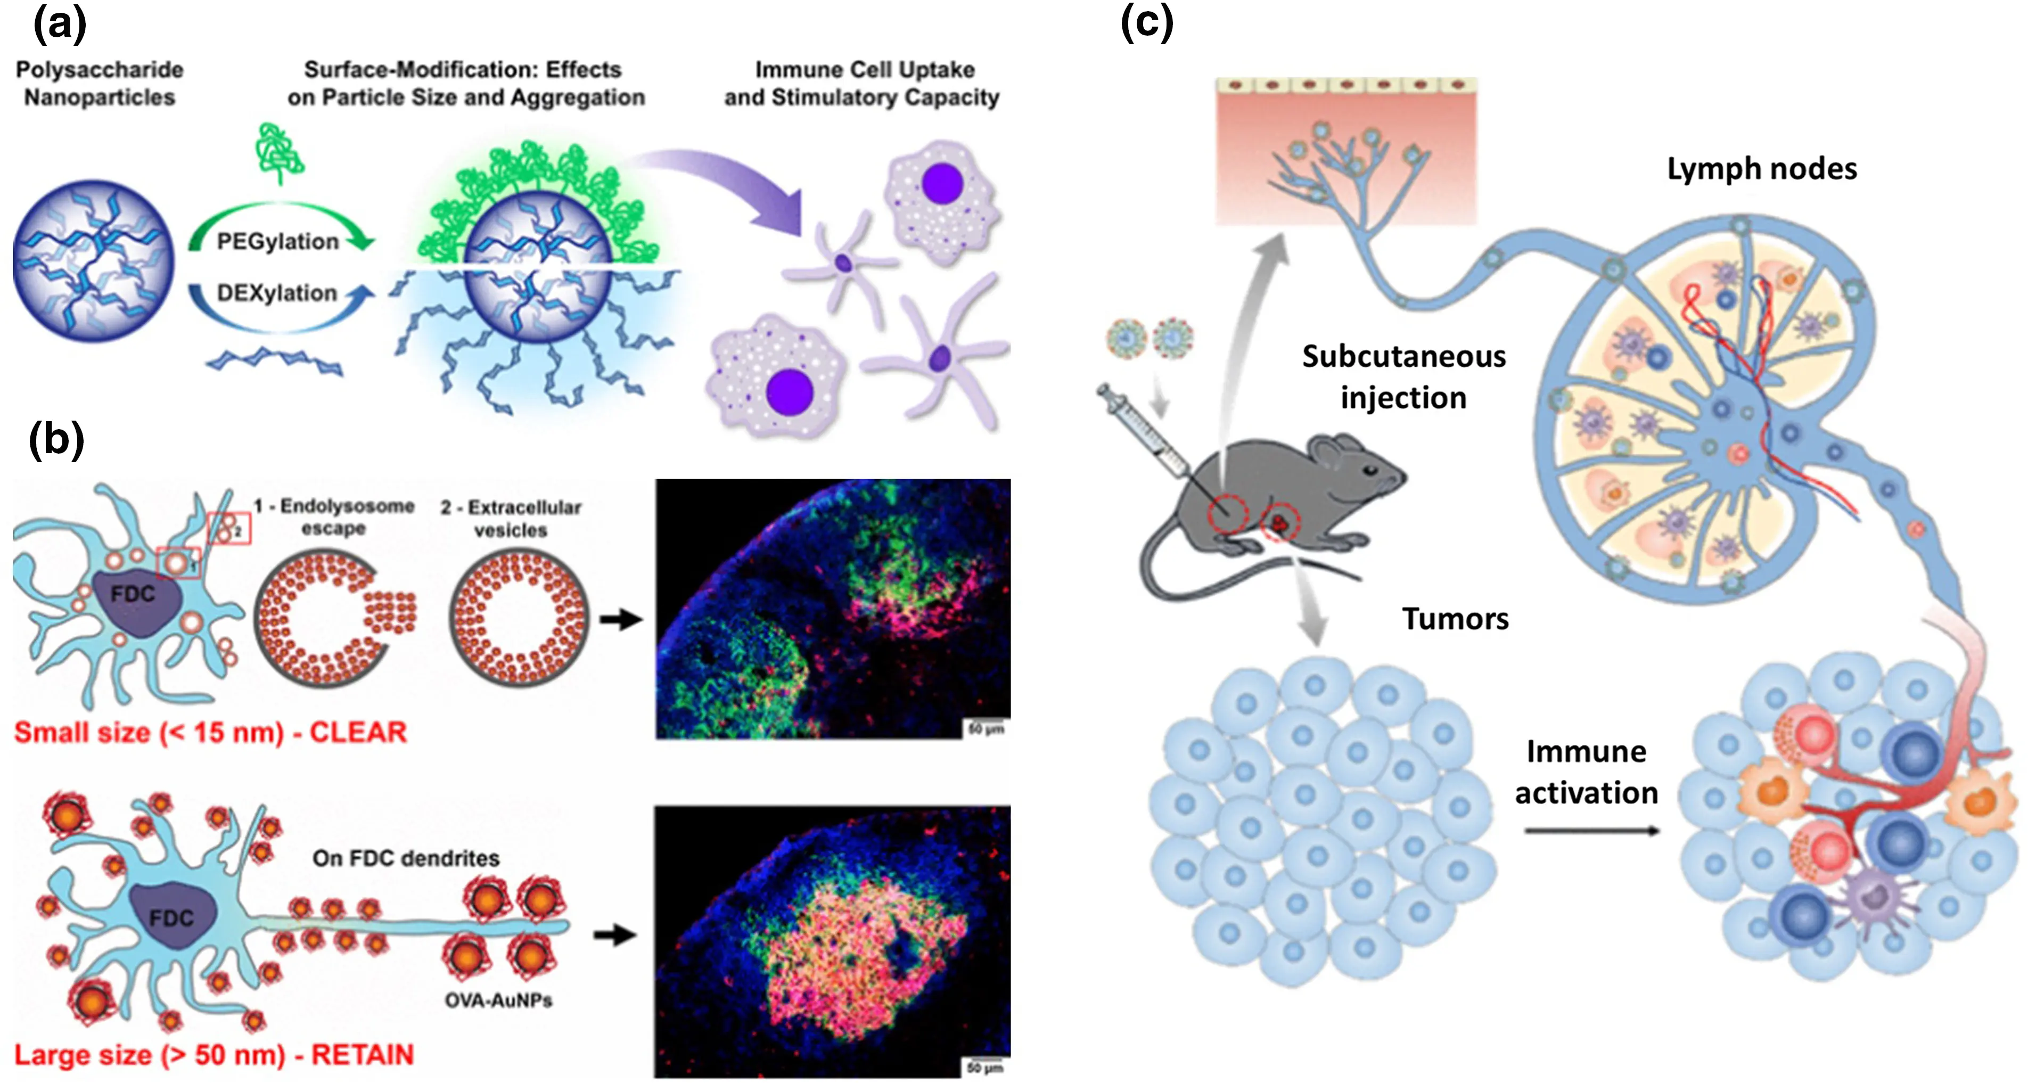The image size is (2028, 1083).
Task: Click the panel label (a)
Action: click(x=60, y=23)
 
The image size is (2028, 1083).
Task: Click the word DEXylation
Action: click(x=276, y=293)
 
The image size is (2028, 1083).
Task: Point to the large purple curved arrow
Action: click(x=724, y=185)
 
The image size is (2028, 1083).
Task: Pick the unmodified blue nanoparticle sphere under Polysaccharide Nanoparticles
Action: click(x=93, y=260)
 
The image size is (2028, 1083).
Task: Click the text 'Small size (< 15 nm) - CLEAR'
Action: click(x=210, y=733)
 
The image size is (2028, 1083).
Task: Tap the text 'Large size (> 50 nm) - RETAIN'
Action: click(x=214, y=1055)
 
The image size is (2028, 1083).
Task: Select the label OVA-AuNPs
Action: click(x=498, y=1000)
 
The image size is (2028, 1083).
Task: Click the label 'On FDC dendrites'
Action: click(x=406, y=858)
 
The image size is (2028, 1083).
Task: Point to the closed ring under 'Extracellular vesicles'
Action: click(x=518, y=618)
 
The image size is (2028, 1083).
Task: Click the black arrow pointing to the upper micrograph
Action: click(x=620, y=619)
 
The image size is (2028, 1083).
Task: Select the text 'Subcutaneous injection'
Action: click(x=1403, y=377)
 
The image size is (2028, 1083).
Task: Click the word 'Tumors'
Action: click(x=1455, y=619)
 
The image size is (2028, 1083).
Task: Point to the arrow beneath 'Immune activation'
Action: click(x=1590, y=830)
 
